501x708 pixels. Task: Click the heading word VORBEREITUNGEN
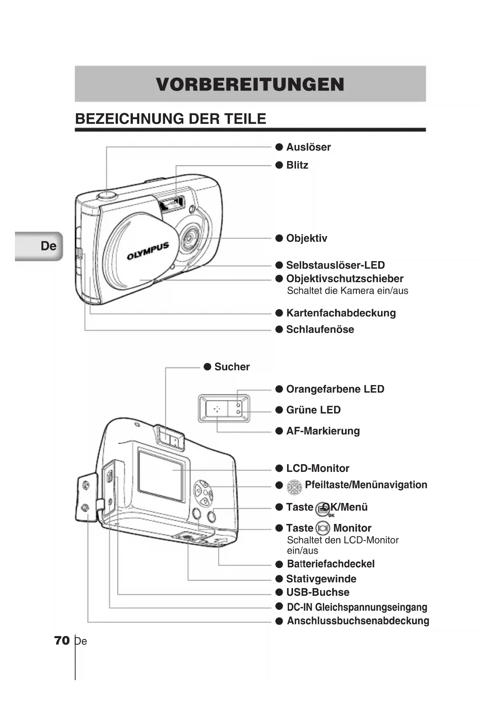coord(250,84)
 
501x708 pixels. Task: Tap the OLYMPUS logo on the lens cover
coord(148,251)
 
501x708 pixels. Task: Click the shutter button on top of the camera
coord(107,195)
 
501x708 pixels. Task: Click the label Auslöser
coord(308,147)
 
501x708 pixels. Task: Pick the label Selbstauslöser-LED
coord(335,265)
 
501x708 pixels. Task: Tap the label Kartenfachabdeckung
coord(341,313)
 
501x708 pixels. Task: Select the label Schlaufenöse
coord(320,329)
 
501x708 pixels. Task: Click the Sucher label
coord(232,367)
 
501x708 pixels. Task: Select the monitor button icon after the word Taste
coord(323,528)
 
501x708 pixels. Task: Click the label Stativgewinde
coord(321,579)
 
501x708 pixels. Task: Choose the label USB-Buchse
coord(318,592)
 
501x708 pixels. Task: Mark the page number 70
coord(62,641)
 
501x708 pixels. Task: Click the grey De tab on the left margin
coord(39,246)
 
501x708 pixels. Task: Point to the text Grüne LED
coord(313,410)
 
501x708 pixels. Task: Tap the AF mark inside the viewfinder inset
coord(217,409)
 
